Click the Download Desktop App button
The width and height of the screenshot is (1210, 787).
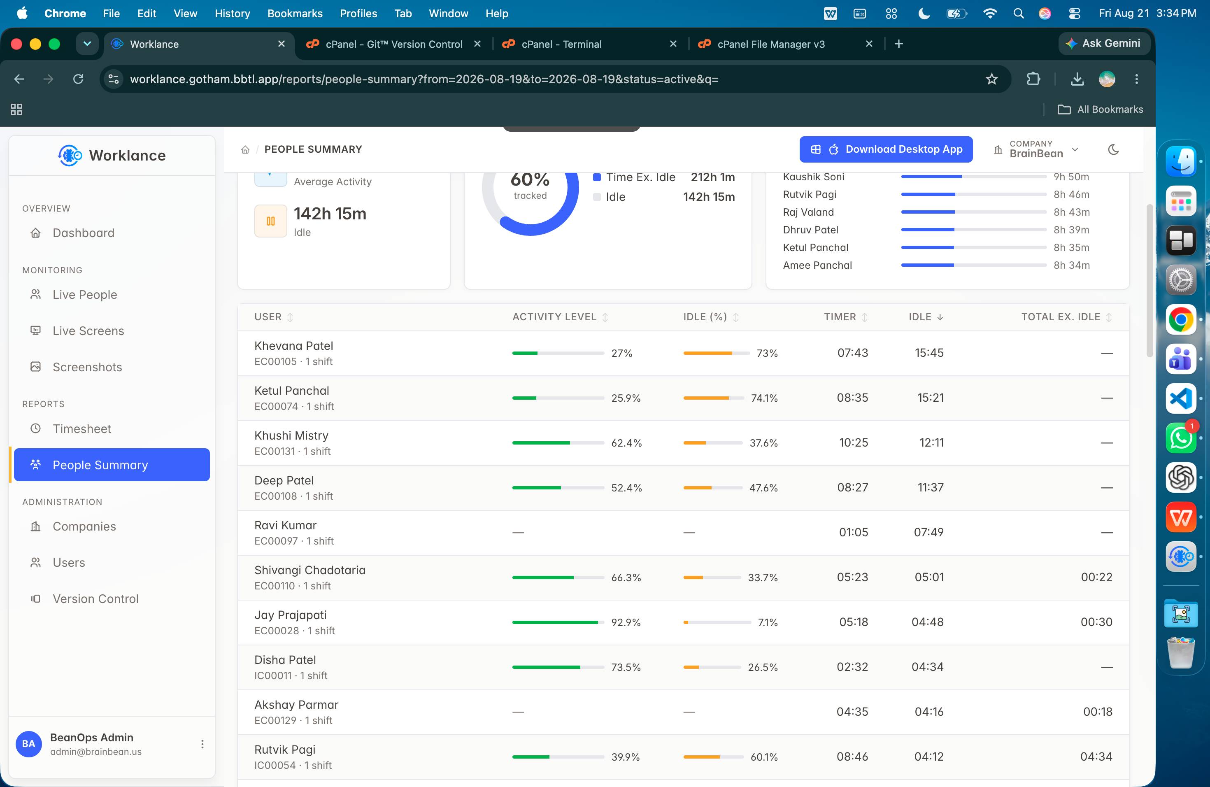886,149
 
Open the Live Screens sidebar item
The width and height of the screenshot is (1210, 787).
88,331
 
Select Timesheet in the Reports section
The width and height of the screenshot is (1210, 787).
82,428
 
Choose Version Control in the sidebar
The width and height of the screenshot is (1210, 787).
95,599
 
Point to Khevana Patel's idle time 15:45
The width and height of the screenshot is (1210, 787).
929,353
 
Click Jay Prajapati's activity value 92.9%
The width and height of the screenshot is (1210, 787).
626,622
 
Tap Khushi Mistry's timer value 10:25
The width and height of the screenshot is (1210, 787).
854,442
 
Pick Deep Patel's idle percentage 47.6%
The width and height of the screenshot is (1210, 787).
763,488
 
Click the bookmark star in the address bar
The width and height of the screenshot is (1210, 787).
991,79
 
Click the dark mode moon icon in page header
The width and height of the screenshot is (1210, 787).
1113,149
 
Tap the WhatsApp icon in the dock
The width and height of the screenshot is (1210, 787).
1180,438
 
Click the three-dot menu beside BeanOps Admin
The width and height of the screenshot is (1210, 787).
202,744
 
